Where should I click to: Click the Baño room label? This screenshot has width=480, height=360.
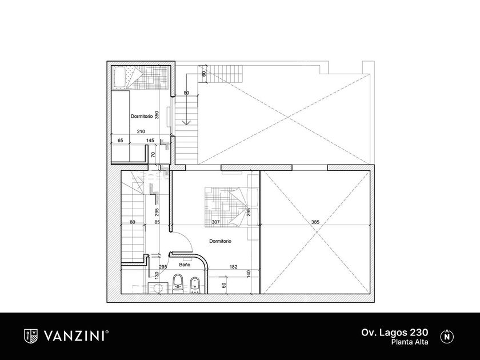click(185, 265)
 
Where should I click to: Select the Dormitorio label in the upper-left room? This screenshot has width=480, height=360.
click(142, 117)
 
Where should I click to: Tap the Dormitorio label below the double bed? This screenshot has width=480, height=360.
click(220, 241)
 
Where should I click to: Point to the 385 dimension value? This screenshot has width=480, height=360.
click(315, 222)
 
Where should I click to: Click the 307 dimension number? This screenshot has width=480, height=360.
click(216, 222)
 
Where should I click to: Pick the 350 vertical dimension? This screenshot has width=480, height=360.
click(157, 115)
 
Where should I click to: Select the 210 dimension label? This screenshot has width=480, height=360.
click(141, 131)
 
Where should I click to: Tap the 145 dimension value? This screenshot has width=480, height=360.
click(150, 141)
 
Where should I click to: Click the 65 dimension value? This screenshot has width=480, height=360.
click(121, 141)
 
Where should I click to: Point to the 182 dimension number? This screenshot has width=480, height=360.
click(233, 267)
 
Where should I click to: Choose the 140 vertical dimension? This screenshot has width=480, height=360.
click(249, 273)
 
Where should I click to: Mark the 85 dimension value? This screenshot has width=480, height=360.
click(157, 222)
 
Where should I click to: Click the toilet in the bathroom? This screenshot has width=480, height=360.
click(178, 284)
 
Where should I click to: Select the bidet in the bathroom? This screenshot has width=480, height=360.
click(195, 285)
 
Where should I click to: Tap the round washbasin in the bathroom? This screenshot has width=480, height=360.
click(158, 288)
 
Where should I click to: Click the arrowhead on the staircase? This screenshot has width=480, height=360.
click(186, 122)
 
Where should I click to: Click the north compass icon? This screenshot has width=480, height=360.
click(447, 336)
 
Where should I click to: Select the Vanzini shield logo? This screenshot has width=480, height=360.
click(31, 336)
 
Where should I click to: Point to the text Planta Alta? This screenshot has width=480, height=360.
click(410, 342)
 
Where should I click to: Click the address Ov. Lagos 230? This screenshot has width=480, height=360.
click(395, 332)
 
